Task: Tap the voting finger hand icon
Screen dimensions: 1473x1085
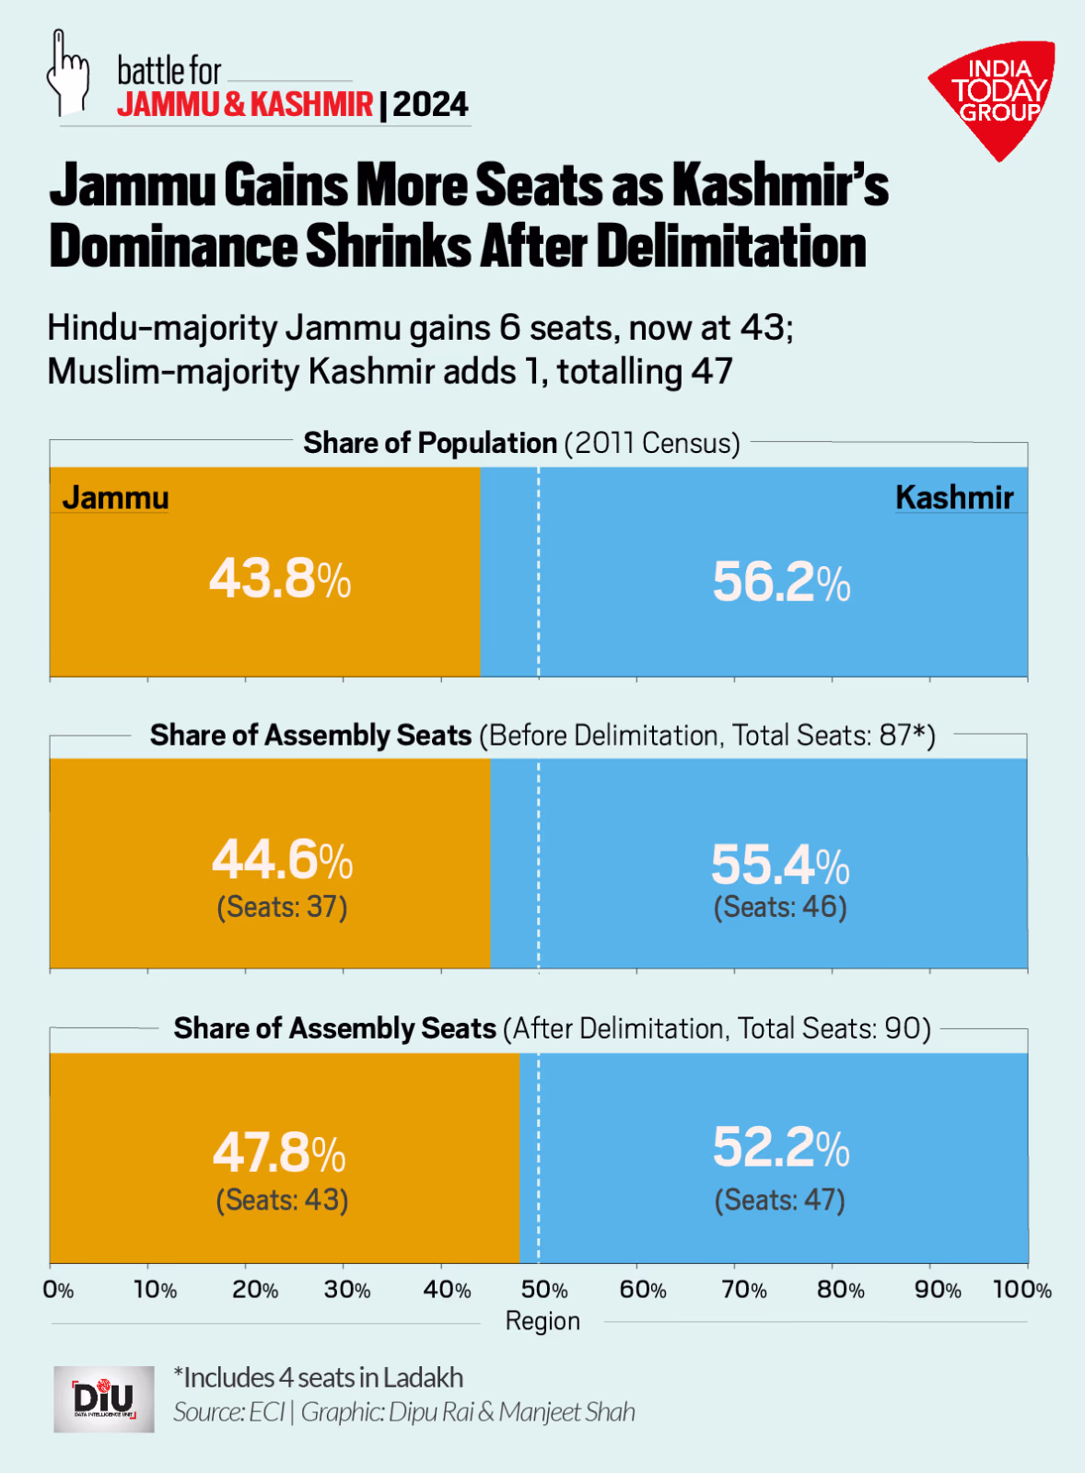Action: pyautogui.click(x=67, y=73)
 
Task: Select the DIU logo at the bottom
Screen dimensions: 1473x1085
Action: pyautogui.click(x=104, y=1398)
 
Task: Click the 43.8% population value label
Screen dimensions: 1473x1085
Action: pyautogui.click(x=280, y=580)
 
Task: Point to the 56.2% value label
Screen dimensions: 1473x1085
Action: pyautogui.click(x=781, y=583)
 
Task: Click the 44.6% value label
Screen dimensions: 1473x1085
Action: pyautogui.click(x=282, y=860)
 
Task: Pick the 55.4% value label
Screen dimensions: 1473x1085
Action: pyautogui.click(x=780, y=864)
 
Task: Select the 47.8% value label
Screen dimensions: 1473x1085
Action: pyautogui.click(x=279, y=1153)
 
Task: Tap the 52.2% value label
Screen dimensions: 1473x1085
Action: pyautogui.click(x=781, y=1148)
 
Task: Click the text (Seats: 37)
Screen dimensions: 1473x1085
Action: pyautogui.click(x=282, y=908)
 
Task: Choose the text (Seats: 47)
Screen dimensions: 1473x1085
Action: pyautogui.click(x=780, y=1200)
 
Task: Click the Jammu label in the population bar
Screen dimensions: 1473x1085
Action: pyautogui.click(x=116, y=498)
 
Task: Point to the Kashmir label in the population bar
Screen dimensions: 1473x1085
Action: pyautogui.click(x=954, y=498)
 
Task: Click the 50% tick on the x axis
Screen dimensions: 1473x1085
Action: pyautogui.click(x=544, y=1290)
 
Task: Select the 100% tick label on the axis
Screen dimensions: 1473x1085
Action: pyautogui.click(x=1021, y=1290)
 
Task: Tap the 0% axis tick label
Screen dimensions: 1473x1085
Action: pyautogui.click(x=58, y=1290)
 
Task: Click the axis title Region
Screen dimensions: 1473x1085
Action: pyautogui.click(x=542, y=1322)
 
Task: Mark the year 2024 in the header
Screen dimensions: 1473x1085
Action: pyautogui.click(x=431, y=105)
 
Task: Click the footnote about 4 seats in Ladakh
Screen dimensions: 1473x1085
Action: pyautogui.click(x=319, y=1378)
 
